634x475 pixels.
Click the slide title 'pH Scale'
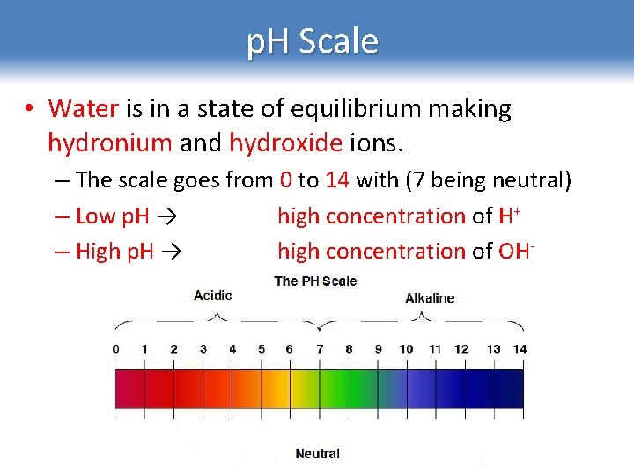[313, 42]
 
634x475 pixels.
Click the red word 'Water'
[84, 109]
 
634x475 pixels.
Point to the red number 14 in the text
[337, 180]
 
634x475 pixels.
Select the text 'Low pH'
[111, 216]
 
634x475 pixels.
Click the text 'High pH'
[114, 252]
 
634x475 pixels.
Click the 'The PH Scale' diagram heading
[316, 281]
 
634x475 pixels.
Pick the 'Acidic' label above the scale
[213, 296]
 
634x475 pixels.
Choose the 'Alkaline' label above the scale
[430, 298]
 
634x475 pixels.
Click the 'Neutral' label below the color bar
[317, 454]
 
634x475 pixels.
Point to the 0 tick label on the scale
[115, 349]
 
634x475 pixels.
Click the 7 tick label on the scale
[320, 349]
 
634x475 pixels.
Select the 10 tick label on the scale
[406, 349]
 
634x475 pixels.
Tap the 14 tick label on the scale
[520, 349]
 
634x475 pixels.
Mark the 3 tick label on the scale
[203, 349]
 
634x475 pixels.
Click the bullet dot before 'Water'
[29, 110]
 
